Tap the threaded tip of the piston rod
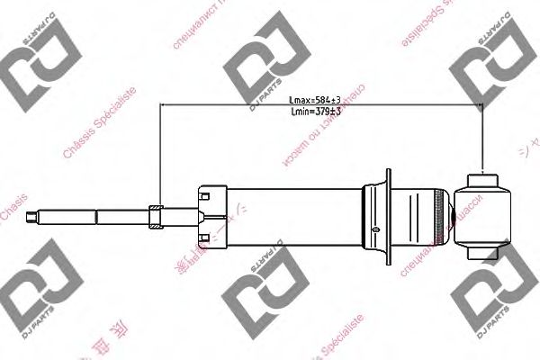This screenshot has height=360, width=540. (34, 215)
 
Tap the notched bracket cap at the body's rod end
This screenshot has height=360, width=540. (209, 213)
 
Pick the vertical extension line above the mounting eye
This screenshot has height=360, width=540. (483, 135)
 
